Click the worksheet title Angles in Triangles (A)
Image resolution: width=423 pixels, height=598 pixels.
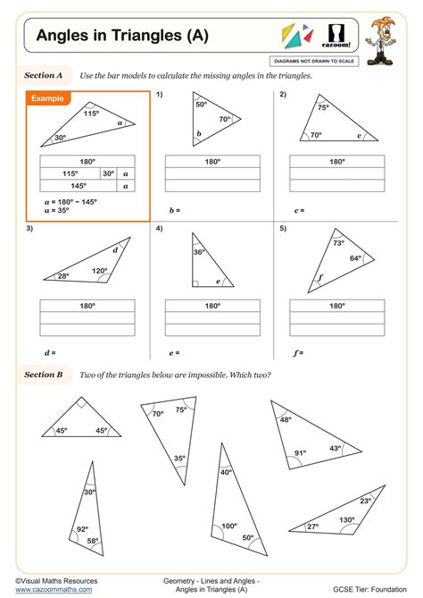coord(122,36)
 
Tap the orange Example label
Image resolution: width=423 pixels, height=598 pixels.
coord(51,98)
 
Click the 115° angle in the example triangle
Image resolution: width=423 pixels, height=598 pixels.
coord(91,114)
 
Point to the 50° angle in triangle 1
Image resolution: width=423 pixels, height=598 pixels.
coord(201,105)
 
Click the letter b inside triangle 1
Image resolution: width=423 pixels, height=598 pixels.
coord(199,134)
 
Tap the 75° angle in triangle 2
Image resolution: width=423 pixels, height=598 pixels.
coord(323,107)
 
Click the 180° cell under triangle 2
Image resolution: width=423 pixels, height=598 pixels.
coord(336,162)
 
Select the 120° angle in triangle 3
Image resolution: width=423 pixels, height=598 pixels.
coord(99,271)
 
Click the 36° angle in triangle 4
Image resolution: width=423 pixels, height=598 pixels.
coord(199,253)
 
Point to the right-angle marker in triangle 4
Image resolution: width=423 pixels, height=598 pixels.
coord(195,284)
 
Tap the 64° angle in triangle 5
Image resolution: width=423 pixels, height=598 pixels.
coord(354,258)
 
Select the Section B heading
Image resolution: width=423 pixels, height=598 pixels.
coord(43,375)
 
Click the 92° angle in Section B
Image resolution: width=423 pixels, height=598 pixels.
coord(83,529)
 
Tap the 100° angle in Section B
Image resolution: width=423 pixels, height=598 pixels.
coord(229,526)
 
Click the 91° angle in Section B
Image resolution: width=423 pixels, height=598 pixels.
coord(300,453)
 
